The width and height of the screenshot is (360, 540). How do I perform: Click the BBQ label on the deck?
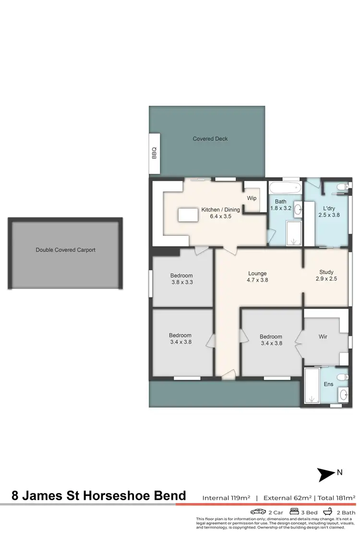(x=154, y=153)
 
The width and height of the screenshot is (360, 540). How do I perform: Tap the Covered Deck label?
(x=210, y=139)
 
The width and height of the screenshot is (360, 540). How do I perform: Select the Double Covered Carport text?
(x=65, y=250)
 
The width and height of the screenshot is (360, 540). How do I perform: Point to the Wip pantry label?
(x=252, y=198)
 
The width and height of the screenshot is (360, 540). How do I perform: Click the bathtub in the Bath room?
(x=285, y=187)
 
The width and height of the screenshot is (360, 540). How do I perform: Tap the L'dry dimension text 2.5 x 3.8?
(x=329, y=216)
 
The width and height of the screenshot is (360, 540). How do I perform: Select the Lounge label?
(x=257, y=274)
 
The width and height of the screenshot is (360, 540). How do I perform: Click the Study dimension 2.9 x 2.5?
(x=326, y=278)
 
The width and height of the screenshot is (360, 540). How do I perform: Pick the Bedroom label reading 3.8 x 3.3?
(x=181, y=282)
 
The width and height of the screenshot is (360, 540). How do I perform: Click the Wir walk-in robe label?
(x=323, y=337)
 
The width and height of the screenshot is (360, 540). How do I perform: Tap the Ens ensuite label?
(x=328, y=384)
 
